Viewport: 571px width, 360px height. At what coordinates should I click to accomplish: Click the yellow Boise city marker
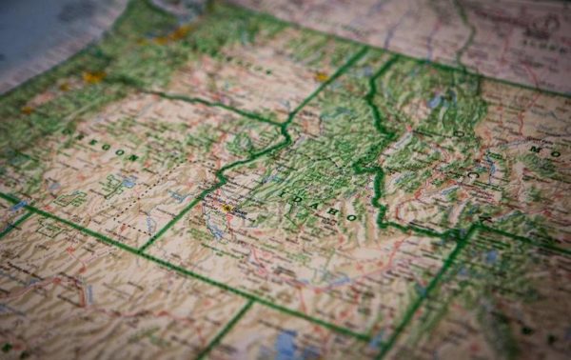click(226, 208)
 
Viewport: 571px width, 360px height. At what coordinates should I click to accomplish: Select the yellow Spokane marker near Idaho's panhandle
click(322, 76)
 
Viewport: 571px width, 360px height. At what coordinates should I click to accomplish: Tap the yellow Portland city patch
click(93, 77)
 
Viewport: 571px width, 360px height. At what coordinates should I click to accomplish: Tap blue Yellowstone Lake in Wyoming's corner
click(491, 255)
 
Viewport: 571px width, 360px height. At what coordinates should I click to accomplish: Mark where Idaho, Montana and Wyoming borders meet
click(473, 229)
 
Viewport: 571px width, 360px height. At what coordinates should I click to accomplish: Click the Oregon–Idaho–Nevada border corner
click(142, 250)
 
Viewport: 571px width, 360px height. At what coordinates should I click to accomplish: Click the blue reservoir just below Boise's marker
click(215, 227)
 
